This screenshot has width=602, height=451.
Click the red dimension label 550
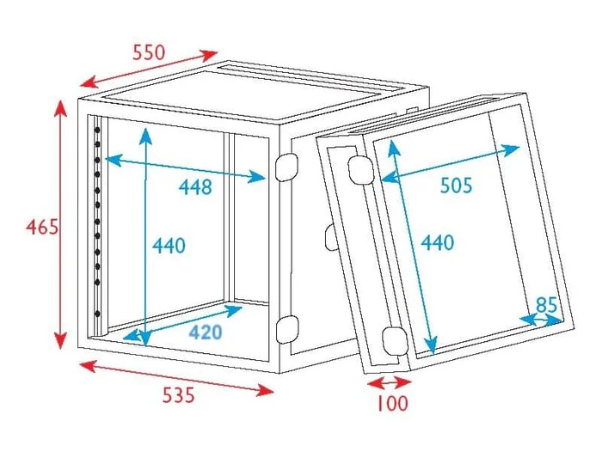pos(149,52)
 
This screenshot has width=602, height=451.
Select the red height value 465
pos(42,227)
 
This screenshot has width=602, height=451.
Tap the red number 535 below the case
pos(179,394)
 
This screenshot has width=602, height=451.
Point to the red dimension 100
pos(391,404)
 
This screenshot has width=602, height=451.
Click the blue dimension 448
pos(195,186)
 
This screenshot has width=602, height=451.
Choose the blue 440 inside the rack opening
pos(169,246)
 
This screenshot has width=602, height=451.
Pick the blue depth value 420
pos(206,332)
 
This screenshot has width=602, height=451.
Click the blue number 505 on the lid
pos(456,186)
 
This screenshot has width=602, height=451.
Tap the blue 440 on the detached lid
pos(437,243)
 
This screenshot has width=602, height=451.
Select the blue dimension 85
pos(546,305)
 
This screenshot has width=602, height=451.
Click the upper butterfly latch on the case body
pos(286,167)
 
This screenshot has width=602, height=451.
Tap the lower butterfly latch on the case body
pos(287,329)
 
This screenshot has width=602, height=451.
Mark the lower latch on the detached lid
pos(395,341)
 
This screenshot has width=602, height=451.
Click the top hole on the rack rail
pos(97,131)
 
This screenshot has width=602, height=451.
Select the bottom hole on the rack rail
pos(97,314)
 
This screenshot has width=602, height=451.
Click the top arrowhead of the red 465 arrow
pos(60,107)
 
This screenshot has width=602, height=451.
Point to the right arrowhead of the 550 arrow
pos(210,55)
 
